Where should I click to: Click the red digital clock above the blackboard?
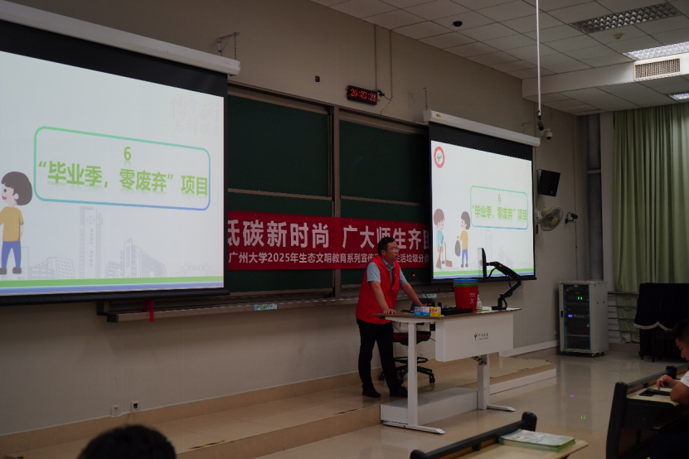pyautogui.click(x=362, y=94)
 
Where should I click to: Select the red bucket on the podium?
pyautogui.click(x=465, y=294)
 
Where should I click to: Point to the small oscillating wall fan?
pyautogui.click(x=549, y=219)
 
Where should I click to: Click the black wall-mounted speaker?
pyautogui.click(x=548, y=183)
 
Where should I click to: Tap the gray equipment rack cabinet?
pyautogui.click(x=584, y=318)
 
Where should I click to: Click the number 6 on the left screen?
pyautogui.click(x=127, y=153)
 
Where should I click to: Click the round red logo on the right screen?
pyautogui.click(x=439, y=157)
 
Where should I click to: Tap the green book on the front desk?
pyautogui.click(x=536, y=439)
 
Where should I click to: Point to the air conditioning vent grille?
pyautogui.click(x=657, y=68)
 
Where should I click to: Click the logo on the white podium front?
pyautogui.click(x=481, y=336)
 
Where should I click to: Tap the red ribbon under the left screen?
pyautogui.click(x=149, y=310)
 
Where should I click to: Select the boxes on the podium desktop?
pyautogui.click(x=427, y=312)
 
